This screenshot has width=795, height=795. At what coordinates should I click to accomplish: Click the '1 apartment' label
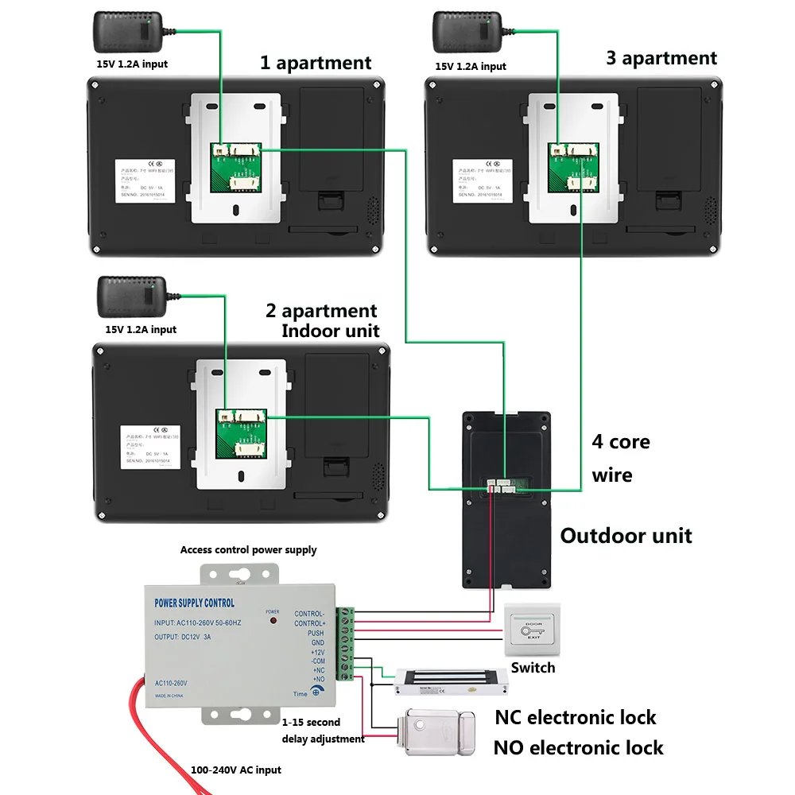pyautogui.click(x=316, y=63)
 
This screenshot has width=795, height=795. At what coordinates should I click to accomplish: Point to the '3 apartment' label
pyautogui.click(x=661, y=58)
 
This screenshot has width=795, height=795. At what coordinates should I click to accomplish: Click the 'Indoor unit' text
pyautogui.click(x=330, y=330)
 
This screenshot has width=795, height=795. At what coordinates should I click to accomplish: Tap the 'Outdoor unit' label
pyautogui.click(x=626, y=535)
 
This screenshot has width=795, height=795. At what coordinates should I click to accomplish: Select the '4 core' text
pyautogui.click(x=620, y=442)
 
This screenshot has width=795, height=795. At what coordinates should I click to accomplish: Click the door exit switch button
pyautogui.click(x=533, y=631)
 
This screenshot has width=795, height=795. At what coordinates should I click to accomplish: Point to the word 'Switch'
pyautogui.click(x=533, y=668)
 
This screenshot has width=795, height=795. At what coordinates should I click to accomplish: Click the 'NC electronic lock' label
pyautogui.click(x=576, y=718)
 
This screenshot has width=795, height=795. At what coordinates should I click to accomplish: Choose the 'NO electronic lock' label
pyautogui.click(x=578, y=748)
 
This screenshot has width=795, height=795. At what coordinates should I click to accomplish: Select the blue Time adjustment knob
pyautogui.click(x=316, y=692)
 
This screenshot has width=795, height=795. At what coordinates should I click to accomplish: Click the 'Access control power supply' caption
pyautogui.click(x=248, y=549)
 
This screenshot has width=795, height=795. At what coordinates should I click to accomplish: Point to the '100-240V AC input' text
pyautogui.click(x=235, y=770)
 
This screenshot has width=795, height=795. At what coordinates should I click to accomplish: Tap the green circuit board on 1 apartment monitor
pyautogui.click(x=235, y=168)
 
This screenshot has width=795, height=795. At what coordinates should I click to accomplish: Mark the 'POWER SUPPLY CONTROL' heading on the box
pyautogui.click(x=194, y=603)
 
